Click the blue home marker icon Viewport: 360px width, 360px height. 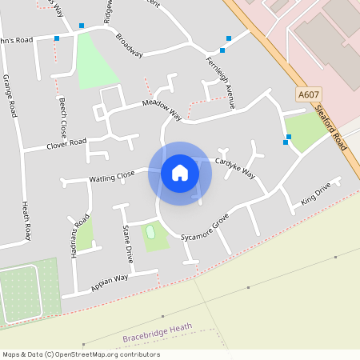pyautogui.click(x=180, y=173)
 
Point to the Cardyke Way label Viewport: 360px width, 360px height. pyautogui.click(x=237, y=168)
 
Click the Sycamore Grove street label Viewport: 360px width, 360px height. pyautogui.click(x=205, y=226)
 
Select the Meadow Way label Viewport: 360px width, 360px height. pyautogui.click(x=162, y=110)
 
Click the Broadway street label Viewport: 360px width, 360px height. pyautogui.click(x=129, y=46)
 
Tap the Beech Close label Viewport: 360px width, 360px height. pyautogui.click(x=62, y=117)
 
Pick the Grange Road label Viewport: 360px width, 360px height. pyautogui.click(x=10, y=96)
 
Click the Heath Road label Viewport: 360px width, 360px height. pyautogui.click(x=26, y=221)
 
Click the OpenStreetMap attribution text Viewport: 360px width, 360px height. pyautogui.click(x=81, y=354)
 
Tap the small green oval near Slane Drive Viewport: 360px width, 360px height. pyautogui.click(x=150, y=232)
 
